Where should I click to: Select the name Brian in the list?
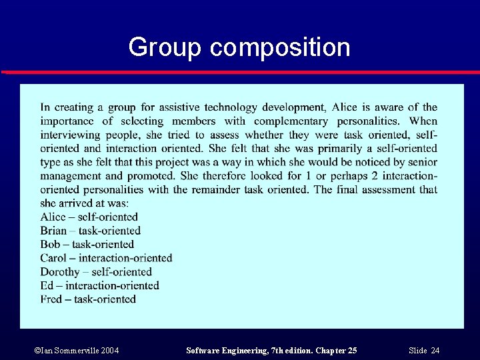pyautogui.click(x=53, y=231)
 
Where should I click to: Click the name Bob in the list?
pyautogui.click(x=50, y=244)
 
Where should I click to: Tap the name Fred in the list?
pyautogui.click(x=51, y=299)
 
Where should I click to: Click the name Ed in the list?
pyautogui.click(x=47, y=285)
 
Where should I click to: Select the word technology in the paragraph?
pyautogui.click(x=231, y=107)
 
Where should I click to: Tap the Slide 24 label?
pyautogui.click(x=425, y=351)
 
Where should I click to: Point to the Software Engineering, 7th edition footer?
pyautogui.click(x=271, y=351)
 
